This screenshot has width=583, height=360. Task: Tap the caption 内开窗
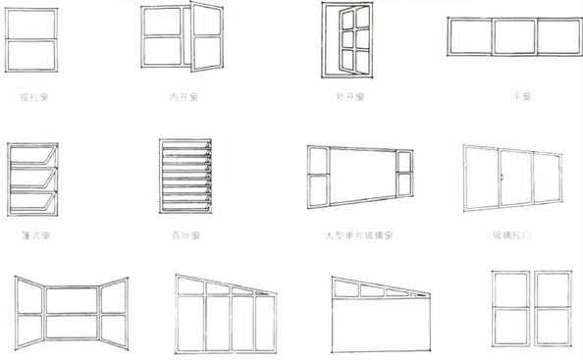click(x=181, y=97)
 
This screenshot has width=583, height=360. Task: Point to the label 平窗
click(x=521, y=97)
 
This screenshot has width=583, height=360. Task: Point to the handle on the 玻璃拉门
click(x=503, y=178)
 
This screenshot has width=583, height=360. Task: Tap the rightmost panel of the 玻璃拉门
click(x=548, y=180)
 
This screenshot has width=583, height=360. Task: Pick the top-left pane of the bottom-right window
click(x=508, y=291)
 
